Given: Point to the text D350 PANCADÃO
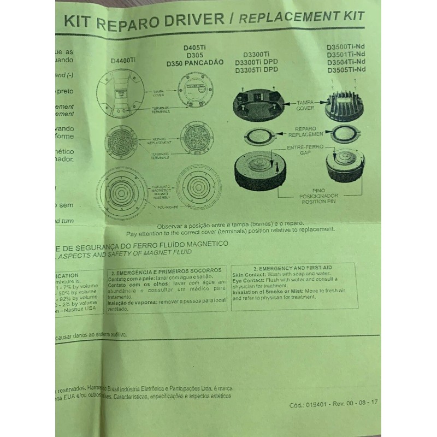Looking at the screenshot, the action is point(195,63).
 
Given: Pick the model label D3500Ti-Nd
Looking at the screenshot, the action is point(345,47).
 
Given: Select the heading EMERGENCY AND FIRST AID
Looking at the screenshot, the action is point(296,268).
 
